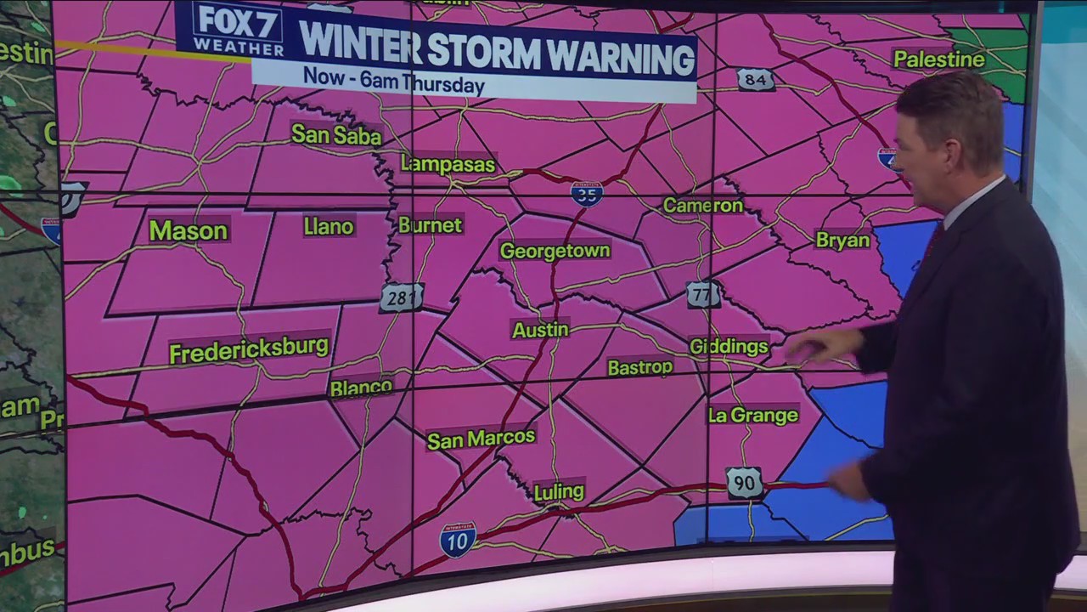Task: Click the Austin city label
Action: [540, 330]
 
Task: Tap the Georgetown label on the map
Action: [555, 251]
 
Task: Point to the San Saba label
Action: [336, 134]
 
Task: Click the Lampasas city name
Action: [448, 164]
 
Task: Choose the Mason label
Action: [188, 230]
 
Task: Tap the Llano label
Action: [328, 226]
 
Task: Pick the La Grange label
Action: [753, 415]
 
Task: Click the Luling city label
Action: [559, 491]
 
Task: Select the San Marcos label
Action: [481, 439]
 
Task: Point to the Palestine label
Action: [938, 59]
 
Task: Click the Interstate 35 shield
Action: [587, 193]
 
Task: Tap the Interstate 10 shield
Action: [458, 540]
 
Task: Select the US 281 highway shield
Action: [401, 297]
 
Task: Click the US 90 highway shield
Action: [744, 483]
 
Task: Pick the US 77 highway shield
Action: [703, 294]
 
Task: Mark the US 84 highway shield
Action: [755, 79]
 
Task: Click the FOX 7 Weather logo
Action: [237, 30]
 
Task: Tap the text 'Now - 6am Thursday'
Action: [393, 82]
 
